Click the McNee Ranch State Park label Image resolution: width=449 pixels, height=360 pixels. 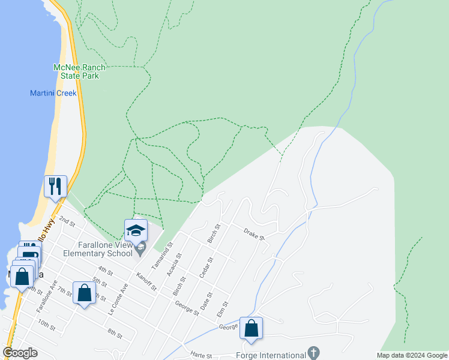pyautogui.click(x=76, y=71)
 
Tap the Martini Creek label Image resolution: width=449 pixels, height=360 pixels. pyautogui.click(x=53, y=93)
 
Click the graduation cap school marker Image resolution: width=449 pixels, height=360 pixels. pyautogui.click(x=136, y=231)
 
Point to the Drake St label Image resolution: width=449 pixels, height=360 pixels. pyautogui.click(x=255, y=234)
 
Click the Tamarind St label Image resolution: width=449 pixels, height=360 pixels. pyautogui.click(x=161, y=255)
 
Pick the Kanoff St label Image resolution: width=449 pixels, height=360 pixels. pyautogui.click(x=146, y=281)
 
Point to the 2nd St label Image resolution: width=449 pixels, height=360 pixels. pyautogui.click(x=67, y=221)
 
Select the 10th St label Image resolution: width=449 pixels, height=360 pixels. pyautogui.click(x=46, y=326)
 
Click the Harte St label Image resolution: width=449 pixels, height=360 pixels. pyautogui.click(x=201, y=356)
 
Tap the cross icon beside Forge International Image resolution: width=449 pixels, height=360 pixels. pyautogui.click(x=313, y=352)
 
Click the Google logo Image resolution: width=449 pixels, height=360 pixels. pyautogui.click(x=20, y=353)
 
